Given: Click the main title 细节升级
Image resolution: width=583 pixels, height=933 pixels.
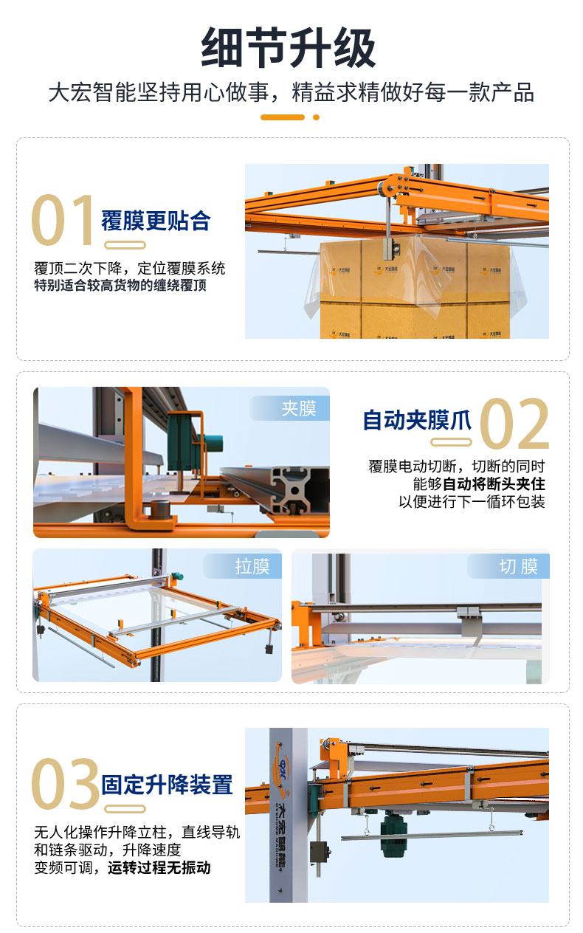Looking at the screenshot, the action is tap(289, 47).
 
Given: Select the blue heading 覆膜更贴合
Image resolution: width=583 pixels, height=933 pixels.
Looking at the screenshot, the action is tap(156, 221).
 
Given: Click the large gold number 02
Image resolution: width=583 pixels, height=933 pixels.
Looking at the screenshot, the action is tap(514, 423).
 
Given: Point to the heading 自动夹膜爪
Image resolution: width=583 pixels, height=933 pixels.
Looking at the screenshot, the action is tap(417, 420).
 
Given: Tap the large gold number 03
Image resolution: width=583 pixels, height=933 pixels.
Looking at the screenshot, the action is tap(66, 783).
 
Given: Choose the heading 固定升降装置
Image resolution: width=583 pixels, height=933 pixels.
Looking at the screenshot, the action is tap(167, 785).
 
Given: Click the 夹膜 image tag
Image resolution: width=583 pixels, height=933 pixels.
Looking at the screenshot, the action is tap(299, 408).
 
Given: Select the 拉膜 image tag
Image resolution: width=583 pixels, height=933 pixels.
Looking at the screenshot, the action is tap(252, 566).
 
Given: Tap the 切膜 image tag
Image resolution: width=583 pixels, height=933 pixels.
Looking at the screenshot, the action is tap(519, 566).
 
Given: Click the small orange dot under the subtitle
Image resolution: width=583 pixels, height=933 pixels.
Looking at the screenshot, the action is tap(316, 117).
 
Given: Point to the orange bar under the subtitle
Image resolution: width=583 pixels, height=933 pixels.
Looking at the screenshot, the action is tap(283, 117).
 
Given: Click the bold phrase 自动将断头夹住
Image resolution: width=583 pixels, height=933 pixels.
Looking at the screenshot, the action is tap(494, 484).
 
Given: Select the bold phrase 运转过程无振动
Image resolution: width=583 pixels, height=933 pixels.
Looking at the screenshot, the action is tap(159, 867).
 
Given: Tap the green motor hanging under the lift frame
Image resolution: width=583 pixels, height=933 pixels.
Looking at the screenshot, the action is tap(390, 835).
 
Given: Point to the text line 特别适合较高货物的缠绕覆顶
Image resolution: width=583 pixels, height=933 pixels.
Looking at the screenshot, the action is tap(120, 286).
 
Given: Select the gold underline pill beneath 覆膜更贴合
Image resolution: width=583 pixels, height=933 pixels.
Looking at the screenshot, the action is tap(125, 245).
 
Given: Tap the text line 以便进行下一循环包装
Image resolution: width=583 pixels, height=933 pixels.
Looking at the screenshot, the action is tap(472, 501).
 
